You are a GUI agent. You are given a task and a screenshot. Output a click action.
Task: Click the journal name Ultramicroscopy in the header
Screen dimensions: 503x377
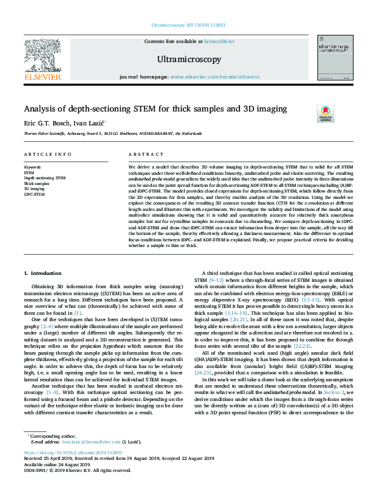click(x=188, y=60)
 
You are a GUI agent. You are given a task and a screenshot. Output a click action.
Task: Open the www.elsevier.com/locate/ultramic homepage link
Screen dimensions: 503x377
click(x=215, y=77)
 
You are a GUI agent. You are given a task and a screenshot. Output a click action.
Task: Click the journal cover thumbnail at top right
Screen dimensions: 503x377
click(x=335, y=58)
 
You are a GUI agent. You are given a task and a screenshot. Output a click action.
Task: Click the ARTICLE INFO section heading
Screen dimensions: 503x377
click(x=48, y=155)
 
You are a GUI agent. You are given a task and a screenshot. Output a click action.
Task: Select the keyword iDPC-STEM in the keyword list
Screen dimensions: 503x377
click(x=35, y=194)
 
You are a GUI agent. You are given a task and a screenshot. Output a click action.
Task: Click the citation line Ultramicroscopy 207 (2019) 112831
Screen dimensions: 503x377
click(x=188, y=25)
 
